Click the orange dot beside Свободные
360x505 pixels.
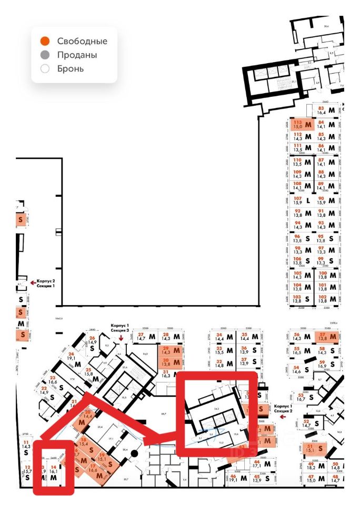click(45, 41)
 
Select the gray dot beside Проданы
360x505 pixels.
click(45, 55)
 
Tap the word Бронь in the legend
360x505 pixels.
click(71, 69)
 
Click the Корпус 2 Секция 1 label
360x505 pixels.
click(46, 284)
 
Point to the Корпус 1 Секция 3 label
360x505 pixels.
click(120, 328)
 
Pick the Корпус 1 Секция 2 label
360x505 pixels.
click(283, 409)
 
